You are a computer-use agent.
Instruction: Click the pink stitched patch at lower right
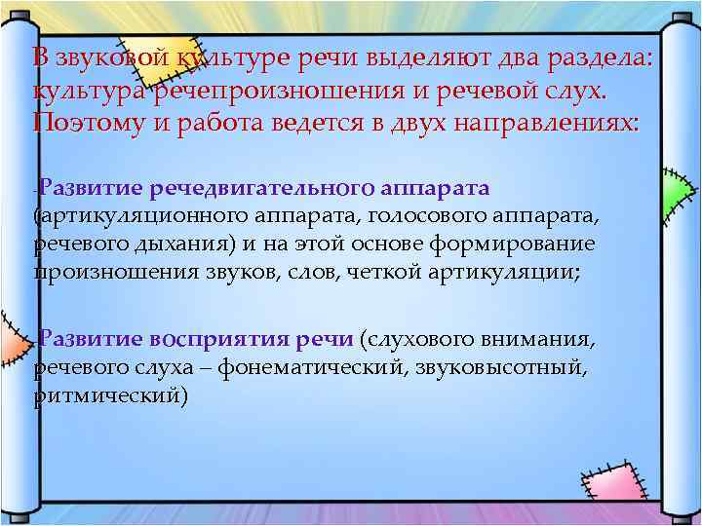click(625, 468)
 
